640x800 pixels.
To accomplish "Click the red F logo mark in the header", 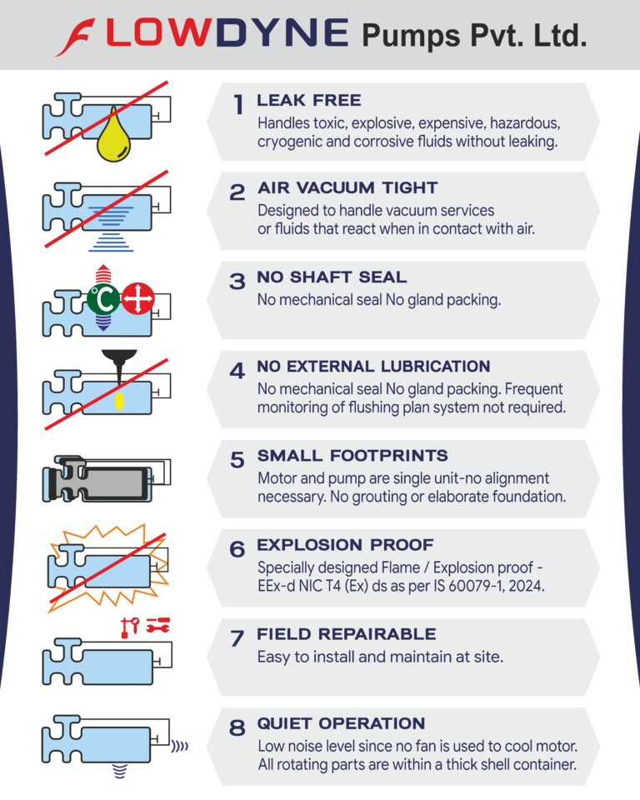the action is coord(76,37).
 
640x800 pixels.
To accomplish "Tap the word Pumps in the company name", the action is coord(411,36).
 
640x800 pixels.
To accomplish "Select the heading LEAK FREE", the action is coord(309,100).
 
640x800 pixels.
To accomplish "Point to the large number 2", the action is coord(237,192).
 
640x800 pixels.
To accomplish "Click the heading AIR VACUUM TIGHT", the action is coord(347,187).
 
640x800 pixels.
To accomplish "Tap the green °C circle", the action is coord(103,299).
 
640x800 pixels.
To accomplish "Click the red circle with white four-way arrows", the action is coord(137,298).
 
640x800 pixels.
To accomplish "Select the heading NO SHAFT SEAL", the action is coord(332,277).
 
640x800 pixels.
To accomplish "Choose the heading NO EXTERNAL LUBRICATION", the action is coord(373,367).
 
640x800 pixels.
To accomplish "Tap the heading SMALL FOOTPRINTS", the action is coord(352,456).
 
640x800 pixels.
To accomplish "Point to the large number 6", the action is coord(237,549).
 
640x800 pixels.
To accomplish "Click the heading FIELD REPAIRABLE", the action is coord(347,634).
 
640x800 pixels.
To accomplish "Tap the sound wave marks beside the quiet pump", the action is coord(180,747).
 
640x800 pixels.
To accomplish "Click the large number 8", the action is coord(237,728).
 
